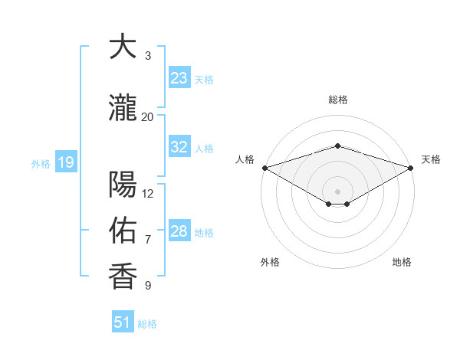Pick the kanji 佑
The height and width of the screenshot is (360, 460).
click(123, 230)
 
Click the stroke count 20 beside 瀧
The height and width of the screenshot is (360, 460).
click(147, 116)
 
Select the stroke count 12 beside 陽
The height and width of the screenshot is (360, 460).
click(148, 193)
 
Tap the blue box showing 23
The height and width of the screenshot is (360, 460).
click(179, 78)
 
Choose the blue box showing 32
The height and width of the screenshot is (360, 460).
click(179, 147)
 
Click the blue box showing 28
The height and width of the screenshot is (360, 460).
click(179, 231)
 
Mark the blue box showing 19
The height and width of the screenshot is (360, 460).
click(65, 162)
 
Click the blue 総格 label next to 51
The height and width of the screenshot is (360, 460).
click(147, 324)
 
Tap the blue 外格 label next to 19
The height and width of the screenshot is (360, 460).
click(41, 163)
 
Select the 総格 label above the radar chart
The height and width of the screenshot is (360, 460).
click(337, 100)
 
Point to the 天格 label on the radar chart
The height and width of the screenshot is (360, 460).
click(432, 159)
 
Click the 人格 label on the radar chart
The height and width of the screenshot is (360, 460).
click(245, 159)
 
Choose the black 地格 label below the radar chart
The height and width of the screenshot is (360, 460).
click(402, 262)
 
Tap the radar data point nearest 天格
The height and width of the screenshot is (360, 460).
click(412, 168)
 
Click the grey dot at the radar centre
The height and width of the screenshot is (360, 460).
click(337, 190)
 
